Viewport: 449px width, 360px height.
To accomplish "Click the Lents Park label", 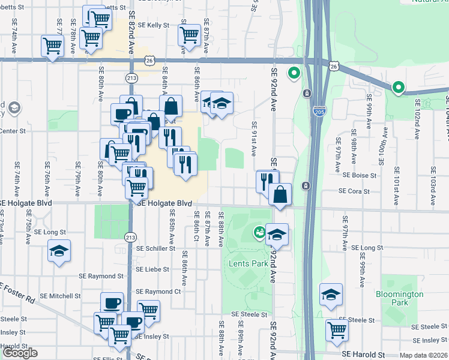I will pyautogui.click(x=248, y=263).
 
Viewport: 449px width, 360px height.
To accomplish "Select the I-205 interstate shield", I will pyautogui.click(x=319, y=111).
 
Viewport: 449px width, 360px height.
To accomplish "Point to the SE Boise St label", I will pyautogui.click(x=359, y=176).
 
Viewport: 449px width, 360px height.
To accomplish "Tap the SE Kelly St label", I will pyautogui.click(x=153, y=25).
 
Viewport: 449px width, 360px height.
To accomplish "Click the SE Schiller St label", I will pyautogui.click(x=154, y=248).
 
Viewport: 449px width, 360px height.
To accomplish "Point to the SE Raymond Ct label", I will pyautogui.click(x=162, y=292).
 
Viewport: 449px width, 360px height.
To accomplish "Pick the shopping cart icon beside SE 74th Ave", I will pyautogui.click(x=53, y=44).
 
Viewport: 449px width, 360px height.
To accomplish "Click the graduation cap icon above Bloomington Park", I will pyautogui.click(x=331, y=294).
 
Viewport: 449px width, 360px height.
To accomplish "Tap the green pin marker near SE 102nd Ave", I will pyautogui.click(x=398, y=88).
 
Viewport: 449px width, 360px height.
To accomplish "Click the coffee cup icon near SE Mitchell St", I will pyautogui.click(x=112, y=303).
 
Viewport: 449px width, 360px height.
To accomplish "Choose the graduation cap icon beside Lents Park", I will pyautogui.click(x=277, y=235).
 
